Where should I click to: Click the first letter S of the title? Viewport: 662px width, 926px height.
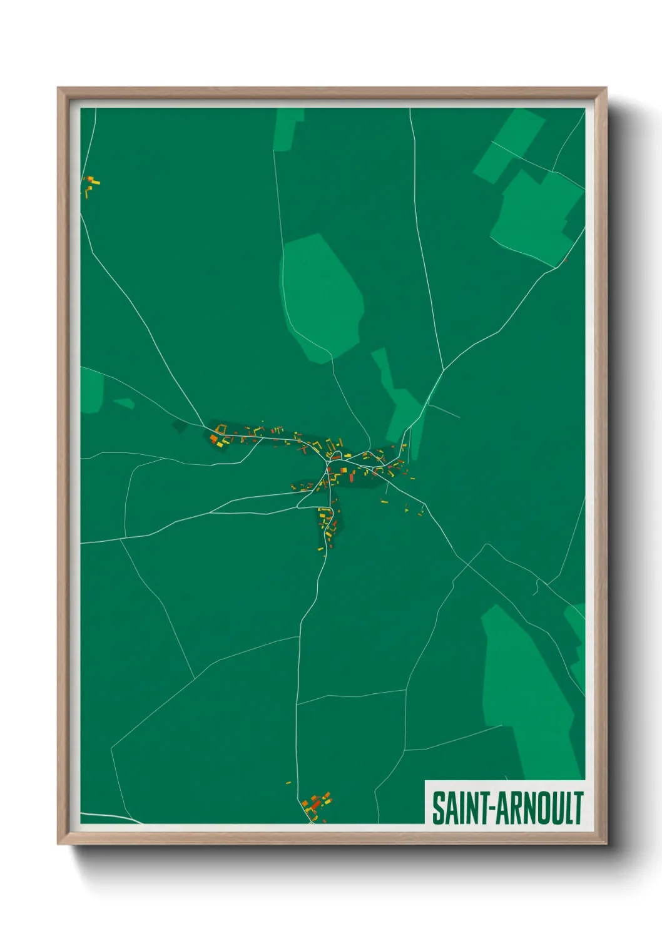tap(437, 808)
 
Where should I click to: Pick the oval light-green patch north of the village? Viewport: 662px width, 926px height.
tap(321, 297)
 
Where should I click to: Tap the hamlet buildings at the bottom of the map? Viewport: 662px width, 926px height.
tap(316, 805)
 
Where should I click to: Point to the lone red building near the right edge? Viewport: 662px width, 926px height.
tap(565, 260)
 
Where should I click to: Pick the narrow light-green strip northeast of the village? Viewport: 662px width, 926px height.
tap(397, 400)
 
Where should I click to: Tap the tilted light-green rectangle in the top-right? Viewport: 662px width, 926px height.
tap(508, 145)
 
